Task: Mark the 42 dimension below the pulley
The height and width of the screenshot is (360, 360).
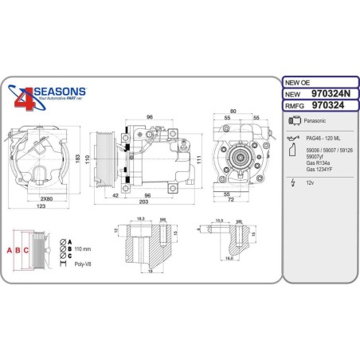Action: point(115,194)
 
